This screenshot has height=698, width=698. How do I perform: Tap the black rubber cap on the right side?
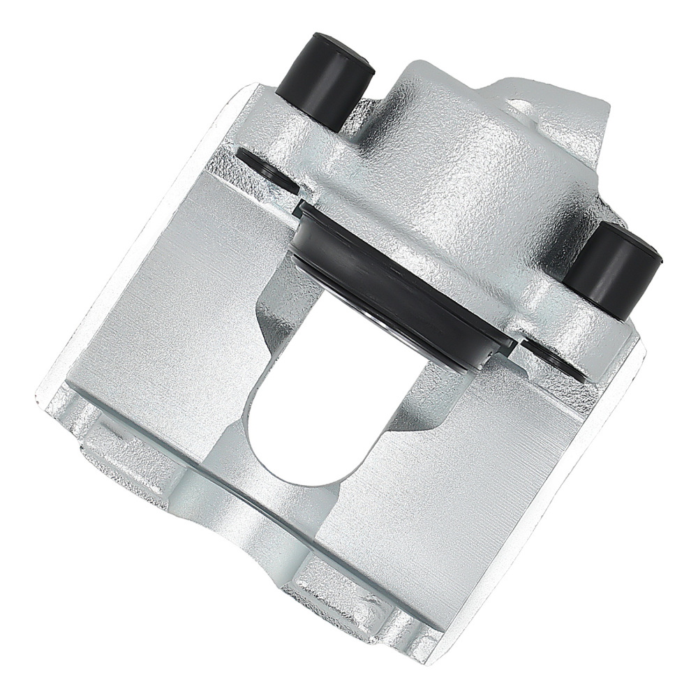tap(611, 269)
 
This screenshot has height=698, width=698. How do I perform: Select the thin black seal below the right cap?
tap(555, 359)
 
